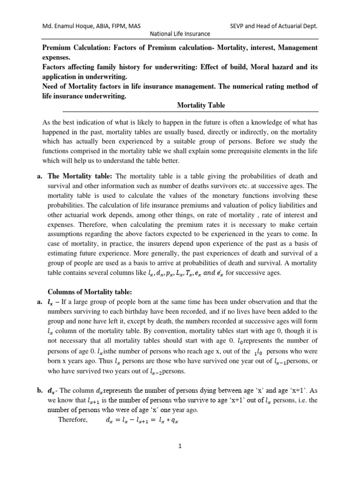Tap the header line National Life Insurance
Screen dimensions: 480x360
tap(180, 34)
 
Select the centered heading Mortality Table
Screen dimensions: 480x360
tap(201, 105)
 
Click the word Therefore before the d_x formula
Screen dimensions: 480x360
tap(73, 420)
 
